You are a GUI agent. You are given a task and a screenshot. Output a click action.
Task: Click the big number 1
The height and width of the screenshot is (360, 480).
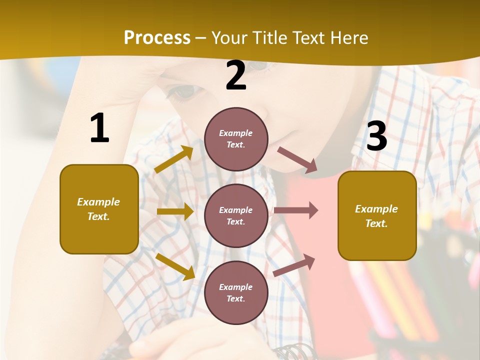point(99,128)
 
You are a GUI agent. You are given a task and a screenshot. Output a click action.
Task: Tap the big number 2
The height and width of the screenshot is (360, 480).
point(236,75)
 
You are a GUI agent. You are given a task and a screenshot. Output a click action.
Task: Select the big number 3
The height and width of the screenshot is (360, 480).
point(376,136)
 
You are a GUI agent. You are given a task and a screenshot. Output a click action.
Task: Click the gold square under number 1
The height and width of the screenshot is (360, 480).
point(99,209)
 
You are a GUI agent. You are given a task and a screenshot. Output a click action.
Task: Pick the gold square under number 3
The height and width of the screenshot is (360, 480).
point(377,215)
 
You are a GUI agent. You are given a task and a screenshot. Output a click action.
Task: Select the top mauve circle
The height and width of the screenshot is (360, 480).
point(236,139)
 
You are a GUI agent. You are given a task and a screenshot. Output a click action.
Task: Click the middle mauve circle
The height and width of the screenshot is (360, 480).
point(236,215)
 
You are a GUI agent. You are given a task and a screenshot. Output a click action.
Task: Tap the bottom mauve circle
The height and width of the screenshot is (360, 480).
point(236,292)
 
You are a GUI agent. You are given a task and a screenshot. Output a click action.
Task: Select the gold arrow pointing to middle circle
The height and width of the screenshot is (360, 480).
point(175,211)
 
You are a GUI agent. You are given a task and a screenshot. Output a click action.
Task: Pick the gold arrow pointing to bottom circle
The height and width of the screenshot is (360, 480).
point(175,266)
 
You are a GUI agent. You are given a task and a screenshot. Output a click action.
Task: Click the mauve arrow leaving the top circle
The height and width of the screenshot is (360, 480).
point(297,160)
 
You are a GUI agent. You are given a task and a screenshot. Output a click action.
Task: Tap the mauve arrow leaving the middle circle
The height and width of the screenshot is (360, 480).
point(296,210)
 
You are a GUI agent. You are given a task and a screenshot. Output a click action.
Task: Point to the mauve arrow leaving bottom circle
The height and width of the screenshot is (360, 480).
point(294,265)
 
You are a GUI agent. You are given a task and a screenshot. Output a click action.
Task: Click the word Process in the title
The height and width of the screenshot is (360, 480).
point(157,38)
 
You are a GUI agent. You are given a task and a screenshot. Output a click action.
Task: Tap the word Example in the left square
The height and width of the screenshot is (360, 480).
point(98,202)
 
